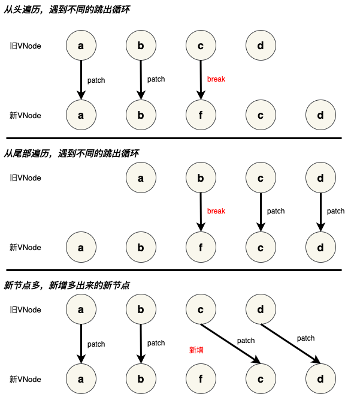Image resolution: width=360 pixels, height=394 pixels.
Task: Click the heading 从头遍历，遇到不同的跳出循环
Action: coord(66,10)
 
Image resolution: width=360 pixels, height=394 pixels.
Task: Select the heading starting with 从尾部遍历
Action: coord(71,154)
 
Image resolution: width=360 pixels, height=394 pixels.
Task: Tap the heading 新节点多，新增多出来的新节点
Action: coord(66,285)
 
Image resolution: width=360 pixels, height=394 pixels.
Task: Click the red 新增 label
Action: coord(196,350)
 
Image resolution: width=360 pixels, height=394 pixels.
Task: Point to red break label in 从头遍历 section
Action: coord(216,79)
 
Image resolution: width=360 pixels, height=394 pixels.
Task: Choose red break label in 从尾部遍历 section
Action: coord(216,211)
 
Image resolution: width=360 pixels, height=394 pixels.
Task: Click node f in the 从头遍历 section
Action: coord(201,115)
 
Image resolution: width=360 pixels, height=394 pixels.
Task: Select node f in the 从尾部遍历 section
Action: coord(201,247)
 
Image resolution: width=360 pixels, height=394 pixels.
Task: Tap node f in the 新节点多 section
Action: coord(201,378)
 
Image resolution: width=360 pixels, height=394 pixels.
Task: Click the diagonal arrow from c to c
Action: coord(231,344)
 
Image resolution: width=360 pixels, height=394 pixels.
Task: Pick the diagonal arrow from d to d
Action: coord(291,344)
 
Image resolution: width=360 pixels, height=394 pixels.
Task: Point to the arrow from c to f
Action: coord(201,80)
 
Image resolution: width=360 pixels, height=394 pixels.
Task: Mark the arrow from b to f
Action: coord(201,212)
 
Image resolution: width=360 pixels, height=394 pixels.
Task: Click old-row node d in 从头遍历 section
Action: coord(261,46)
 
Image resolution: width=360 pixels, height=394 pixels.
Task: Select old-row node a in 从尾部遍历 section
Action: coord(141,178)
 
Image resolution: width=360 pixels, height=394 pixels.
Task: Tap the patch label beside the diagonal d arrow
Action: coord(305,338)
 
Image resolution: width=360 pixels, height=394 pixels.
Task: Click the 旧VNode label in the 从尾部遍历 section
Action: coord(25,178)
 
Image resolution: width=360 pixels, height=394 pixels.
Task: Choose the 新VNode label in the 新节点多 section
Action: coord(25,379)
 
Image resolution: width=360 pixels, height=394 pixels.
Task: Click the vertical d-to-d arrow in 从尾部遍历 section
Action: coord(320,212)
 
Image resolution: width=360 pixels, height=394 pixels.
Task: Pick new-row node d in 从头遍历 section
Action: coord(320,115)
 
